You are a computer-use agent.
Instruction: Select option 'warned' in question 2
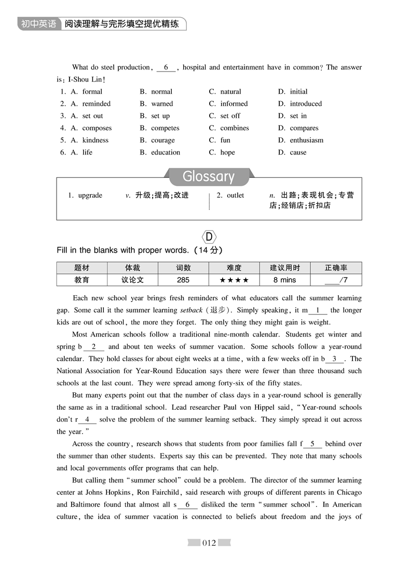[x=162, y=104]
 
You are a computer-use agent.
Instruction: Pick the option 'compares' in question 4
[x=304, y=128]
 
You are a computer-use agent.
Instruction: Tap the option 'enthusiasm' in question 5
[x=306, y=140]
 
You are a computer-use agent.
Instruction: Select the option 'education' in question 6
[x=166, y=153]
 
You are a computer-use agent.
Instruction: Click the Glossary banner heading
[x=209, y=176]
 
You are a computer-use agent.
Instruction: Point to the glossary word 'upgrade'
[x=90, y=196]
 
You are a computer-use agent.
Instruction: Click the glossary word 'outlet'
[x=235, y=196]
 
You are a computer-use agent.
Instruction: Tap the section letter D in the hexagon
[x=209, y=237]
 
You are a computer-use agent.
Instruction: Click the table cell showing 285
[x=183, y=280]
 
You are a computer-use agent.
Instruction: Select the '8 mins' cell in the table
[x=284, y=280]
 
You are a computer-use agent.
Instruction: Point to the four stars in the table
[x=234, y=280]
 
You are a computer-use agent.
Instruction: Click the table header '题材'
[x=81, y=268]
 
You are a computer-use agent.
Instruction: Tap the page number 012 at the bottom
[x=209, y=543]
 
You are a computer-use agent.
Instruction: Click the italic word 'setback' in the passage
[x=191, y=311]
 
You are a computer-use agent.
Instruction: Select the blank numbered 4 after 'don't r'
[x=87, y=419]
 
